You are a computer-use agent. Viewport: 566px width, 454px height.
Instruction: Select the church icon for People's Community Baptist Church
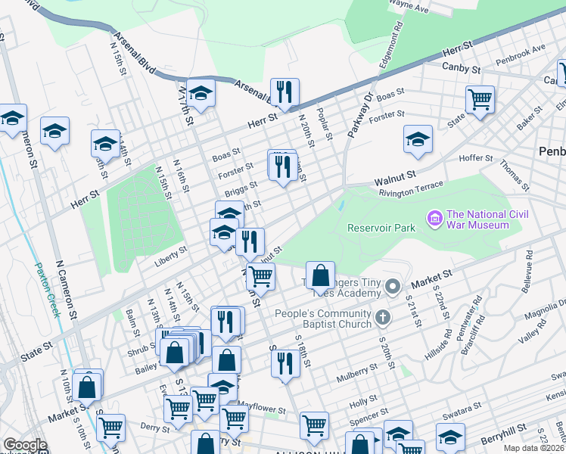click(x=383, y=316)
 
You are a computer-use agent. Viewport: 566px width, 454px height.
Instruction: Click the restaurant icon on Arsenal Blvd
click(x=285, y=93)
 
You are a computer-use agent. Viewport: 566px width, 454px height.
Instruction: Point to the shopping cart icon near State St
click(x=480, y=99)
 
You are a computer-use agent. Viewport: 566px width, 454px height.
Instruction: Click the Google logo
click(x=25, y=445)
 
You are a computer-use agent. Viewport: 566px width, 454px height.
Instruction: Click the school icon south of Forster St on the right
click(x=418, y=139)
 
